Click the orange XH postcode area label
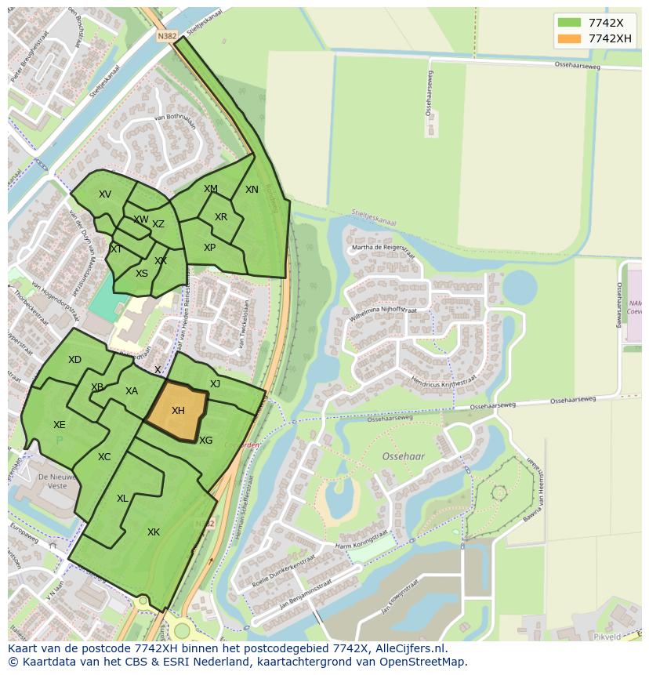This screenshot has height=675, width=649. tap(178, 411)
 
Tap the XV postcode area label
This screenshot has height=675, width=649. tap(105, 194)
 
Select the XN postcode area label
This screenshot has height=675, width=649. tap(252, 190)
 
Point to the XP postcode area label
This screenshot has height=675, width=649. tap(209, 248)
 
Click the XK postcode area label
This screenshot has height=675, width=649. tap(154, 532)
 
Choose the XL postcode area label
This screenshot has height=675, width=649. tap(122, 499)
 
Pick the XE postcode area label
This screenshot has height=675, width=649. tap(59, 425)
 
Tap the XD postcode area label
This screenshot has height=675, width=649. tap(74, 360)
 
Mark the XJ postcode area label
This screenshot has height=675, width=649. tap(215, 383)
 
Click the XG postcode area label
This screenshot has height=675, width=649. tap(205, 441)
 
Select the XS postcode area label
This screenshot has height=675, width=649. tap(142, 274)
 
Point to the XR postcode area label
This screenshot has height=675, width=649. tap(221, 217)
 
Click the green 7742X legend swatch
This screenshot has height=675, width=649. tap(569, 22)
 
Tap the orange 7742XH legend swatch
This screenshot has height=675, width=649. tap(569, 38)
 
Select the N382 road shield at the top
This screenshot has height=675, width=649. tap(167, 36)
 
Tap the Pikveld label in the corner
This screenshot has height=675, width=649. tap(607, 637)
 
